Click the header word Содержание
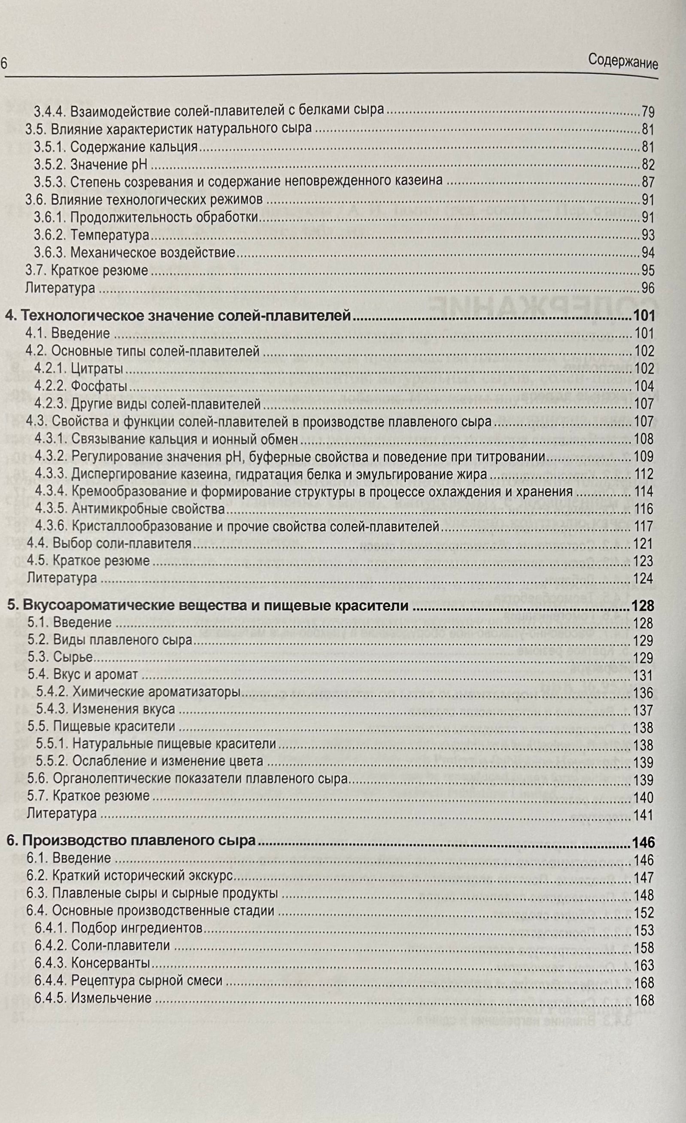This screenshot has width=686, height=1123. (x=623, y=61)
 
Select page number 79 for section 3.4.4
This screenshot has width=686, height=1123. (x=647, y=111)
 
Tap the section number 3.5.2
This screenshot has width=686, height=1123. (x=50, y=164)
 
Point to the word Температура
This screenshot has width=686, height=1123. (x=110, y=235)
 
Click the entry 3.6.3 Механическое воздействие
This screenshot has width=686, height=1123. (x=135, y=253)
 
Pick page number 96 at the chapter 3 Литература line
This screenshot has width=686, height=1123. (x=647, y=288)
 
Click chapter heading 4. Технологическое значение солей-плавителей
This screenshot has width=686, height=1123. (x=178, y=315)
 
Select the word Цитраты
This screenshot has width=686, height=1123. (x=97, y=369)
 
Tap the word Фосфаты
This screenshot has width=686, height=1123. (x=99, y=387)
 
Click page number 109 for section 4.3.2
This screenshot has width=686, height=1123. (x=644, y=457)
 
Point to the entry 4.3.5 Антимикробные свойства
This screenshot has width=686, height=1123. (x=130, y=509)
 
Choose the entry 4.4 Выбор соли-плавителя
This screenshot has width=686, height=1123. (x=109, y=544)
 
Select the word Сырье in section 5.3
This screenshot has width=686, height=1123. (x=73, y=657)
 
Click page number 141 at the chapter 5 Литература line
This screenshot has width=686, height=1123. (x=643, y=816)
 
